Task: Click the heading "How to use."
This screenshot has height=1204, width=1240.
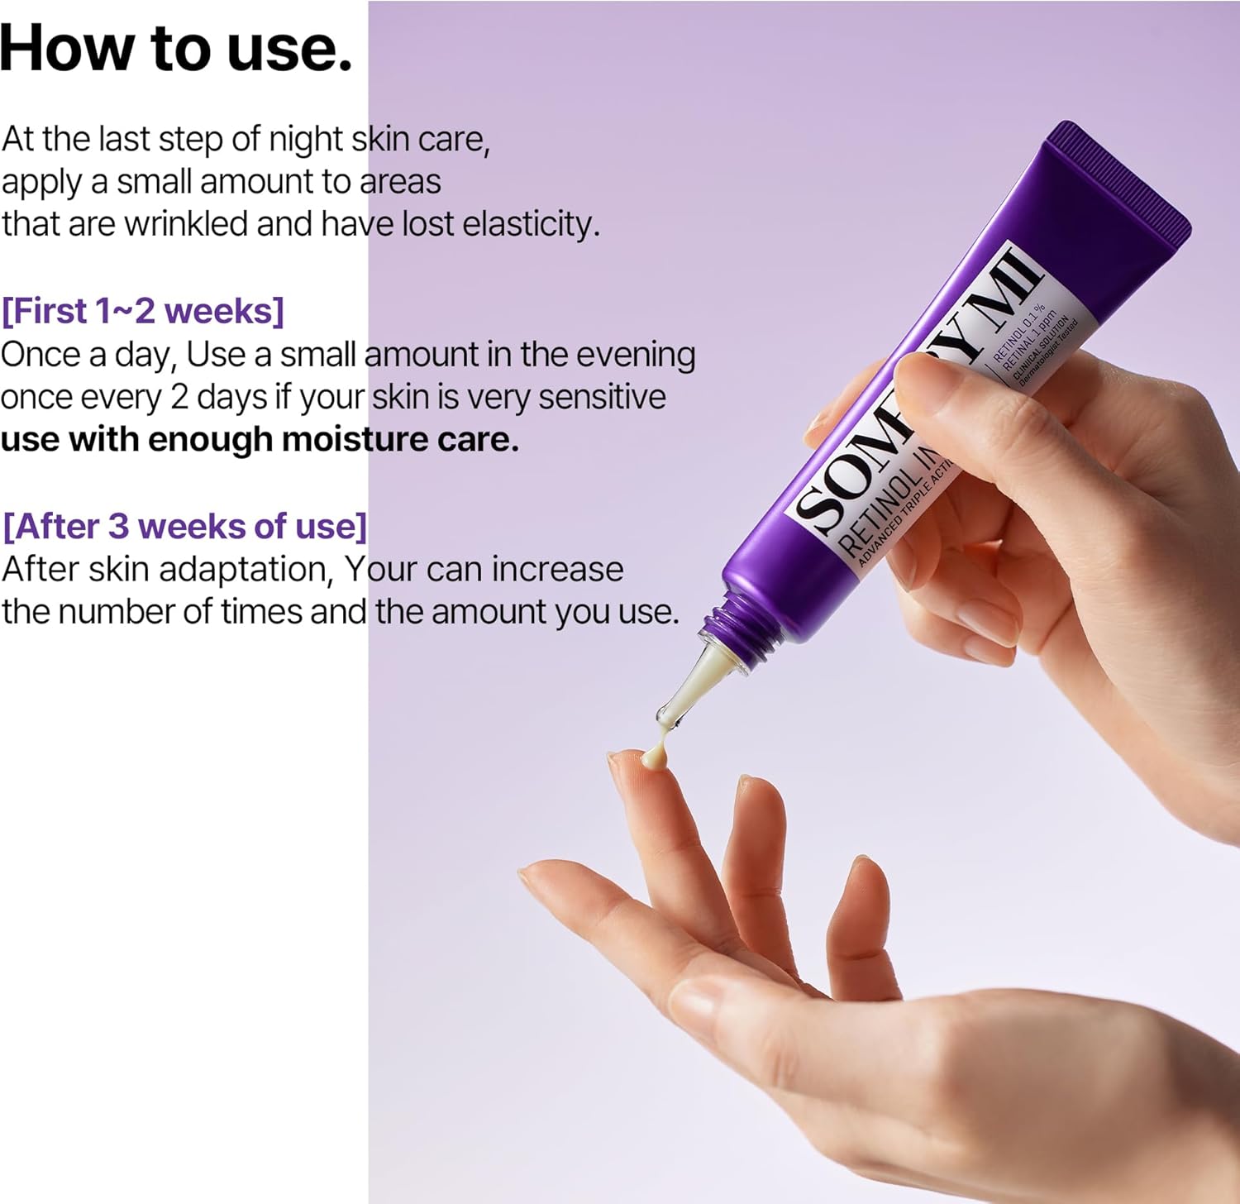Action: pyautogui.click(x=176, y=48)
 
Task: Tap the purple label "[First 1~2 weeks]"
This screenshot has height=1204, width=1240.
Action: pyautogui.click(x=143, y=311)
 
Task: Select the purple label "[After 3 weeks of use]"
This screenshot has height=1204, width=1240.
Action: pyautogui.click(x=184, y=526)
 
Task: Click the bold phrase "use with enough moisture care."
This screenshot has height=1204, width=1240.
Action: pyautogui.click(x=260, y=439)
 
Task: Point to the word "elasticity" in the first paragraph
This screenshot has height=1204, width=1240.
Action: pyautogui.click(x=530, y=224)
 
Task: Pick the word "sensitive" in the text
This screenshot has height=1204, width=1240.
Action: pyautogui.click(x=602, y=397)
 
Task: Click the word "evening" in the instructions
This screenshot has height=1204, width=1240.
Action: pyautogui.click(x=636, y=354)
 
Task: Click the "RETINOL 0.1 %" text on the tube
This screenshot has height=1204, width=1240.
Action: pyautogui.click(x=1018, y=333)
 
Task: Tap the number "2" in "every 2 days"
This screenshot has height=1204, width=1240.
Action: pyautogui.click(x=179, y=397)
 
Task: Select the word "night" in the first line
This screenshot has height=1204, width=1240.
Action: pyautogui.click(x=305, y=139)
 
